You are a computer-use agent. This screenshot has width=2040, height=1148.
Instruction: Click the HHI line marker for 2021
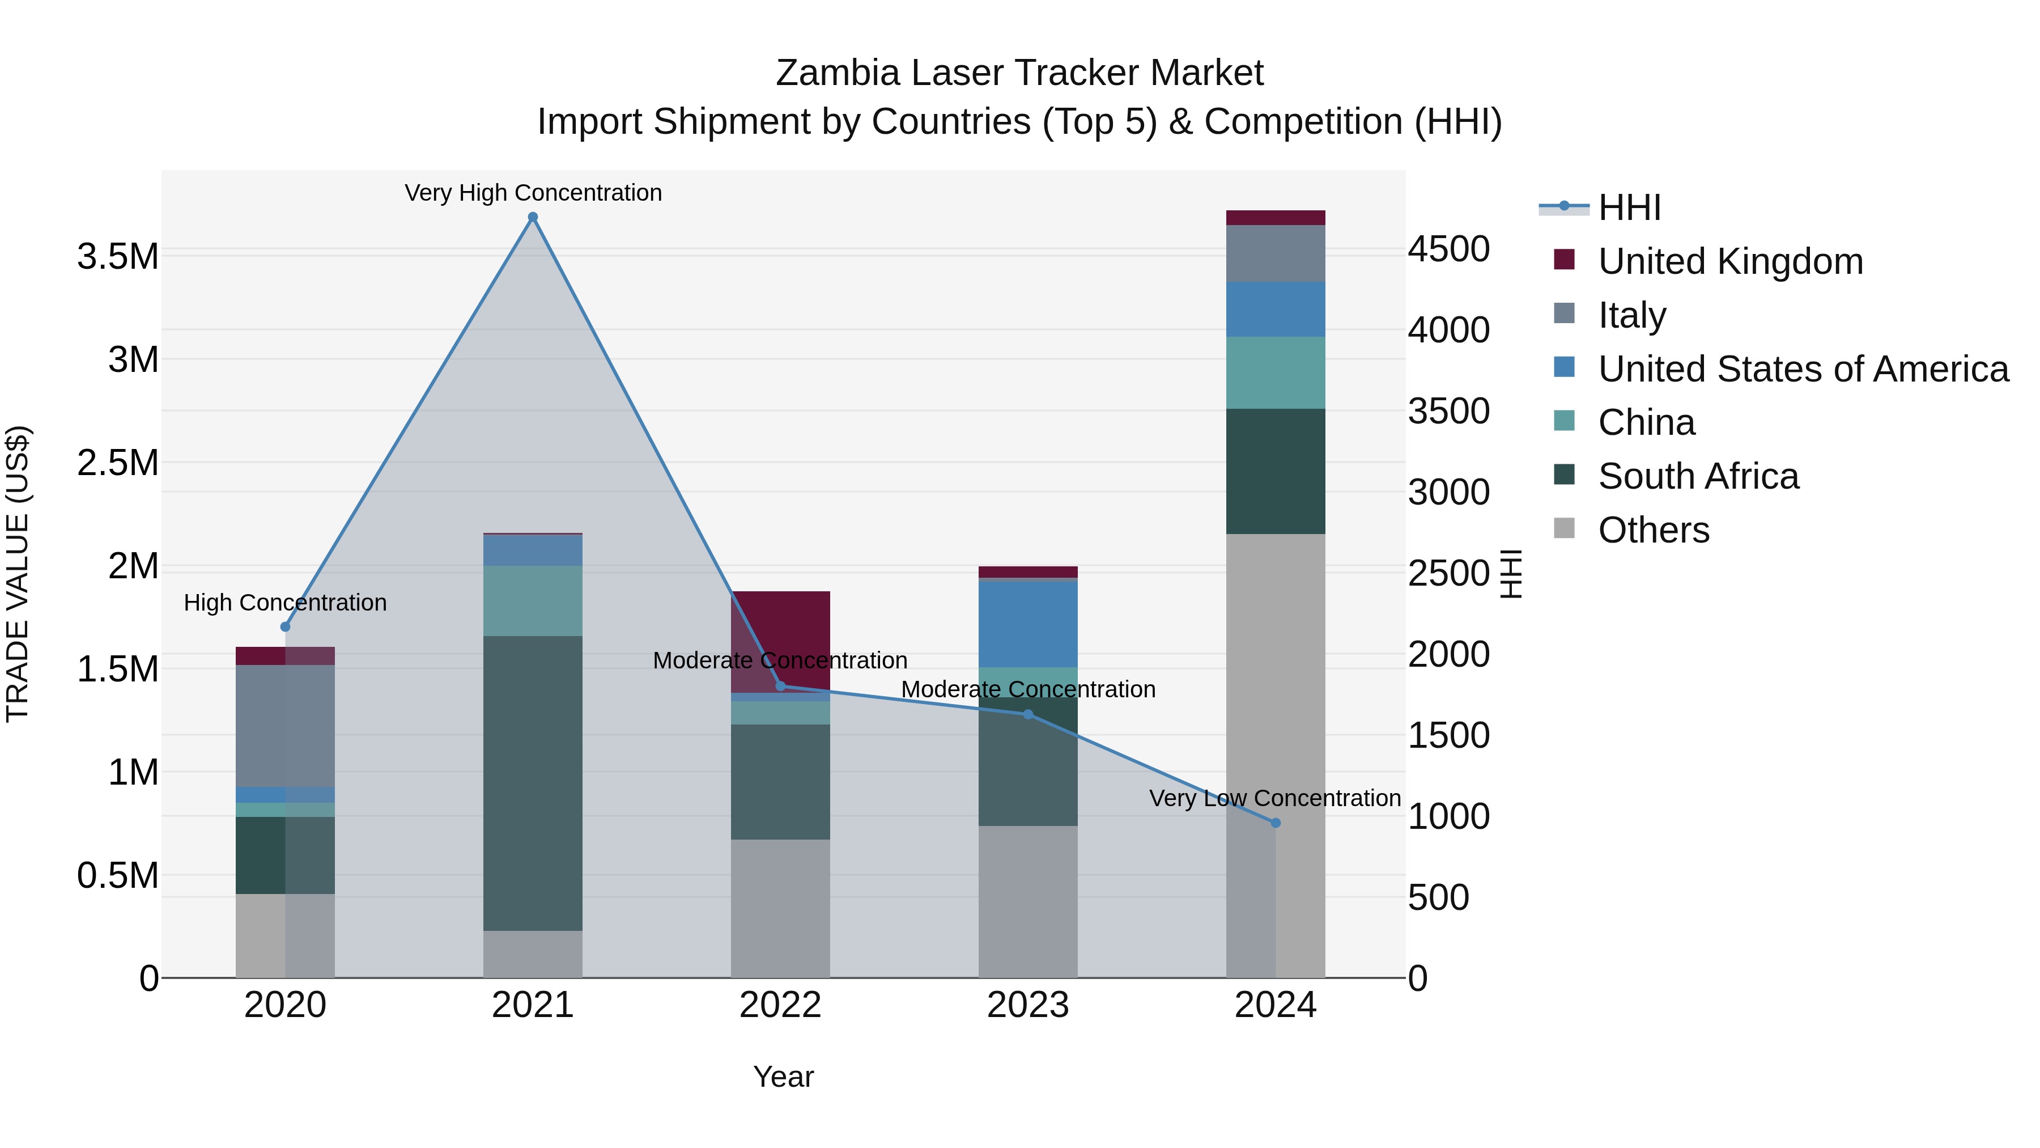tap(533, 217)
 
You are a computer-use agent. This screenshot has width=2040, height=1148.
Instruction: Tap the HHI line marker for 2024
tap(1275, 823)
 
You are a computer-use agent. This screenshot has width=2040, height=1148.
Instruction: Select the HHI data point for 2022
tap(780, 686)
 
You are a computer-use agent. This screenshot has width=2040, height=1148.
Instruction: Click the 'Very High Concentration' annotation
tap(533, 193)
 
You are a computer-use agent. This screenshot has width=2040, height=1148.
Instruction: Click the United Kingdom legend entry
tap(1731, 261)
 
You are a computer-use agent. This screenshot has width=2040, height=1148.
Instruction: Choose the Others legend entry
tap(1654, 530)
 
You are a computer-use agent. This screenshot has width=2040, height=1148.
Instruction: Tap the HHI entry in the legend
tap(1629, 207)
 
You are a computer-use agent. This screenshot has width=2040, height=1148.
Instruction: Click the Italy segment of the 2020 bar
tap(285, 726)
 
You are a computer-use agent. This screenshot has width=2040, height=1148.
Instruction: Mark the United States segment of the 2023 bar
tap(1028, 624)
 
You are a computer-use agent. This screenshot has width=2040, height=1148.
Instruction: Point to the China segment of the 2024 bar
tap(1275, 372)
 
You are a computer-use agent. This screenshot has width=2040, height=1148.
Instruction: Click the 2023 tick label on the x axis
tap(1028, 1005)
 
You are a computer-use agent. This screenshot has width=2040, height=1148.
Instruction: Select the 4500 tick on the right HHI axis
tap(1448, 249)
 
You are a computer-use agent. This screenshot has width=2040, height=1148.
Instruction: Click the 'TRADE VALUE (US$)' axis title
tap(18, 574)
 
